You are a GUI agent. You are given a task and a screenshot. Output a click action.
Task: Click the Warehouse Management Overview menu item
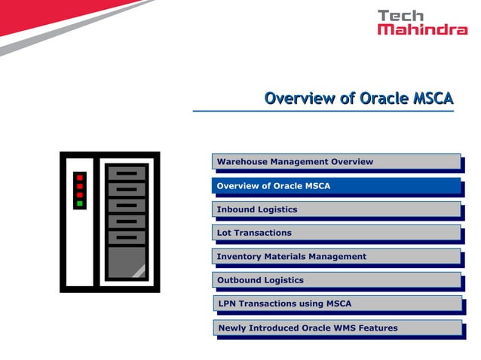pos(335,161)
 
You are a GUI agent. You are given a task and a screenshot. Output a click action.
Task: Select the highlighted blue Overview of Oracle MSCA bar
pos(335,186)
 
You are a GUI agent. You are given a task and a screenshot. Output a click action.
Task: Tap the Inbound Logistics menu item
pos(335,209)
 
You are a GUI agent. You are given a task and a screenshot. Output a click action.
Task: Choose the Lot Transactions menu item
pos(335,233)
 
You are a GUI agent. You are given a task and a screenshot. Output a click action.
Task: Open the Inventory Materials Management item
pos(335,257)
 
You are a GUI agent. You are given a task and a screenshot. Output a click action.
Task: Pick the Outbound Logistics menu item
pos(335,280)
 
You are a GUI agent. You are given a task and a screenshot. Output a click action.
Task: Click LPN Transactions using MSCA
pos(335,304)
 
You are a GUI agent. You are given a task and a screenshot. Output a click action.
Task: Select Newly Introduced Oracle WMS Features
pos(335,328)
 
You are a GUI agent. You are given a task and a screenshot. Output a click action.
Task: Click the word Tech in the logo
pos(401,15)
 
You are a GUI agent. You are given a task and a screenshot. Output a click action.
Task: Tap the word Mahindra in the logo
pos(422,29)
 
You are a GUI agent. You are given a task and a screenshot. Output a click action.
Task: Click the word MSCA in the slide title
pos(434,99)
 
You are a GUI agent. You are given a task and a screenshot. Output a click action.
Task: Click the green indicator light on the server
pos(79,203)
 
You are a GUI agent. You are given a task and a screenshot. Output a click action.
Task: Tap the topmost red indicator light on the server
pos(79,178)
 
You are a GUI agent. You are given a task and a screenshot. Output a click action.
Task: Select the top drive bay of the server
pos(126,173)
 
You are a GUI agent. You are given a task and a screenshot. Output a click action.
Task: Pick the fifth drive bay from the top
pos(126,237)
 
